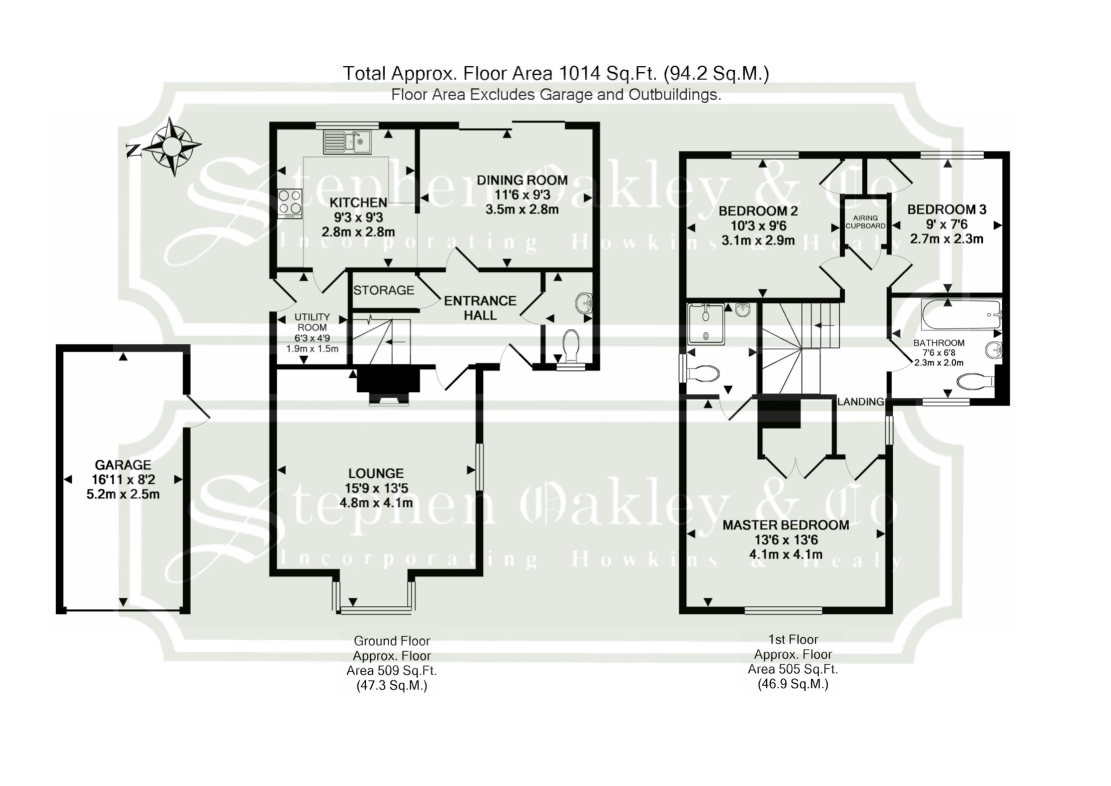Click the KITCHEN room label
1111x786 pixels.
point(358,202)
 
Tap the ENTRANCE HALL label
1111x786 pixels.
point(480,308)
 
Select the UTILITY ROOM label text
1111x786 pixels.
point(312,322)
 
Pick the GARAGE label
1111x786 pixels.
point(123,465)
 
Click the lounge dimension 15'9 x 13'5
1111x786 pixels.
point(376,488)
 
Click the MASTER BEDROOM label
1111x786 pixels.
point(785,525)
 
